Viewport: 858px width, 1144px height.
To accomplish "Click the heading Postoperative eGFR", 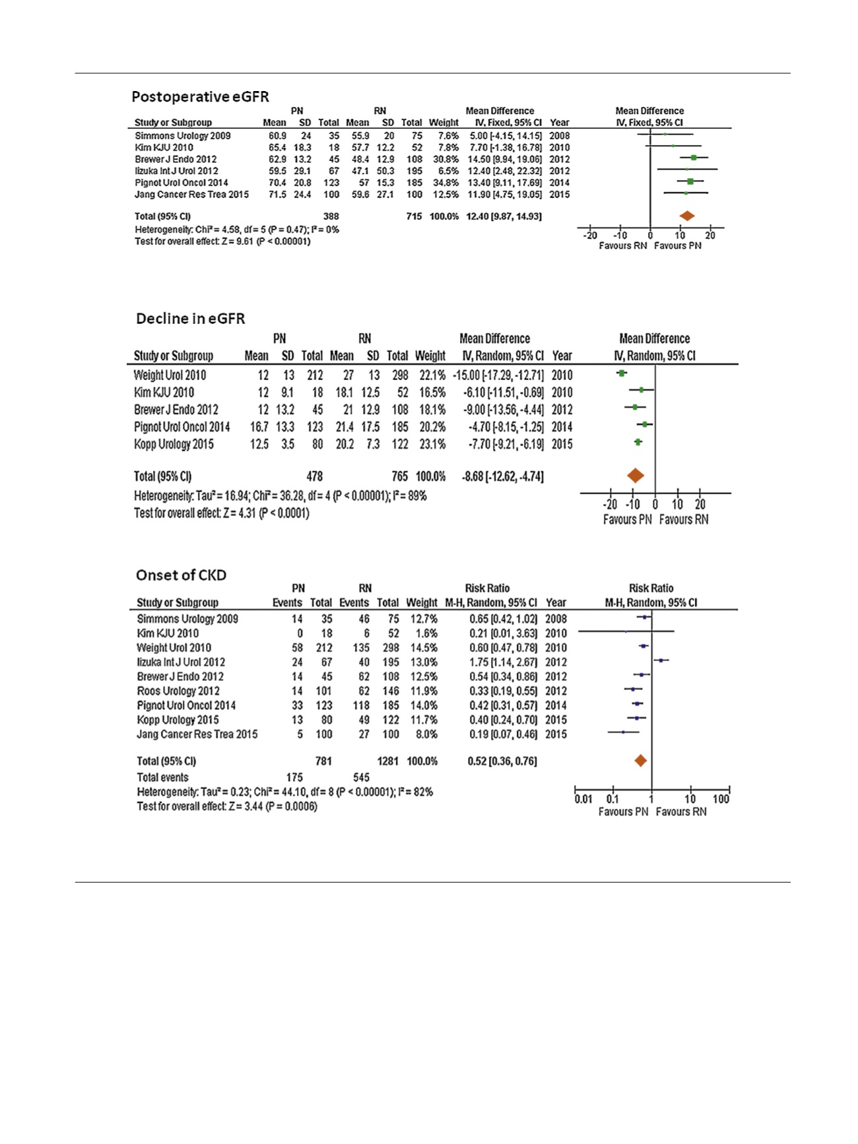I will [x=200, y=97].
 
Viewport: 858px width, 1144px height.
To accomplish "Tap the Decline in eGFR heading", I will [x=190, y=319].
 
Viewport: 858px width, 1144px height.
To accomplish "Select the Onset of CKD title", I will [x=181, y=575].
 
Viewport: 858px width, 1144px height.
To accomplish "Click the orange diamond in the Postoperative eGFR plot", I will [x=687, y=216].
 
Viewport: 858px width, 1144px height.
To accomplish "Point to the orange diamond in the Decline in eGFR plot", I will [x=635, y=476].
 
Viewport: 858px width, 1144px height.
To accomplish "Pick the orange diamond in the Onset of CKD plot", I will [x=640, y=761].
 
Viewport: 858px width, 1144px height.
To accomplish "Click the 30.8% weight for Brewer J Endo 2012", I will [x=445, y=159].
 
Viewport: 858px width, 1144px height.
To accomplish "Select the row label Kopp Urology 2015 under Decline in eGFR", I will [x=174, y=444].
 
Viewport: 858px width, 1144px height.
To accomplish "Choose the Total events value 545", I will [x=361, y=777].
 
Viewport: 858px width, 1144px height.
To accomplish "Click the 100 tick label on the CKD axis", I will [x=721, y=799].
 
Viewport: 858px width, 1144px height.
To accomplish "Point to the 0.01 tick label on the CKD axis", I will [x=583, y=799].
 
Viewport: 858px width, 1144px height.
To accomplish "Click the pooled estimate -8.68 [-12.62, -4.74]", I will [x=504, y=476].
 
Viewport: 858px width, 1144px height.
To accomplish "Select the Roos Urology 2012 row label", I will [x=178, y=691].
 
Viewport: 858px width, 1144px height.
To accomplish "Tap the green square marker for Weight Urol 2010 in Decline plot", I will [x=621, y=373].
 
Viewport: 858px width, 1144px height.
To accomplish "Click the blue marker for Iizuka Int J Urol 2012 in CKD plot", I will [x=661, y=660].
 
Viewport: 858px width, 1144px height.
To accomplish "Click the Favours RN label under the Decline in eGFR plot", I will [x=684, y=520].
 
